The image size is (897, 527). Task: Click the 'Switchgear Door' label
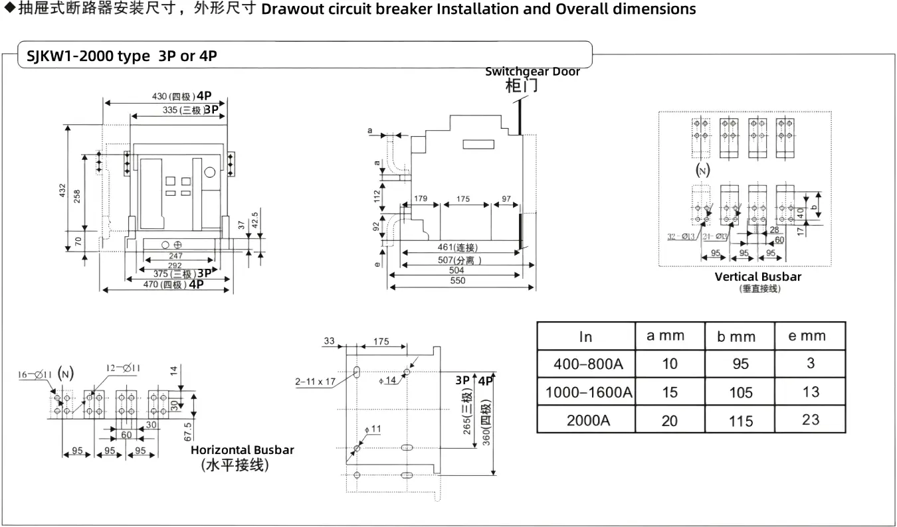532,72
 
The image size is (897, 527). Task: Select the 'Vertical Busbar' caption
758,277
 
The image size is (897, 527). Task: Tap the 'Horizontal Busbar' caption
243,450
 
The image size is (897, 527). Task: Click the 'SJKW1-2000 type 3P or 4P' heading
122,56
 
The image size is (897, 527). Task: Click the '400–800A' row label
585,364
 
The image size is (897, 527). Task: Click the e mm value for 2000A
811,419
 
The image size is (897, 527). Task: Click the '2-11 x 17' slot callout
316,382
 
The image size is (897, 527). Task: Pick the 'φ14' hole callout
387,380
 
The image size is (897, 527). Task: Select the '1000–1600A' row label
588,392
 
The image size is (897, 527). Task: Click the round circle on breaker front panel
210,173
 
